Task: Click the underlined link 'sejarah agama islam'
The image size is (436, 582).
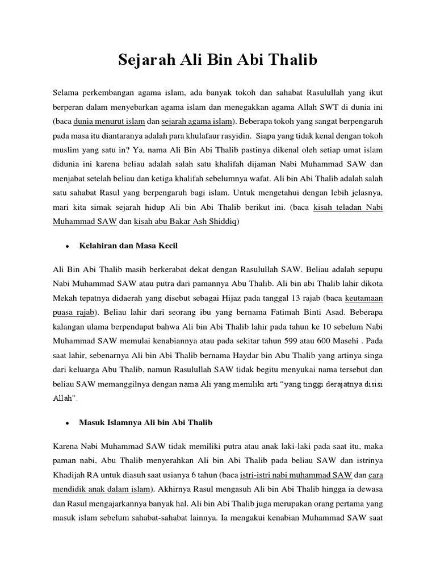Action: tap(197, 121)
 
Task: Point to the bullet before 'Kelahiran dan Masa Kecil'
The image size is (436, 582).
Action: tap(67, 246)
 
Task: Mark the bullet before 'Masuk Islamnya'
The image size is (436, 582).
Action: tap(67, 423)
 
